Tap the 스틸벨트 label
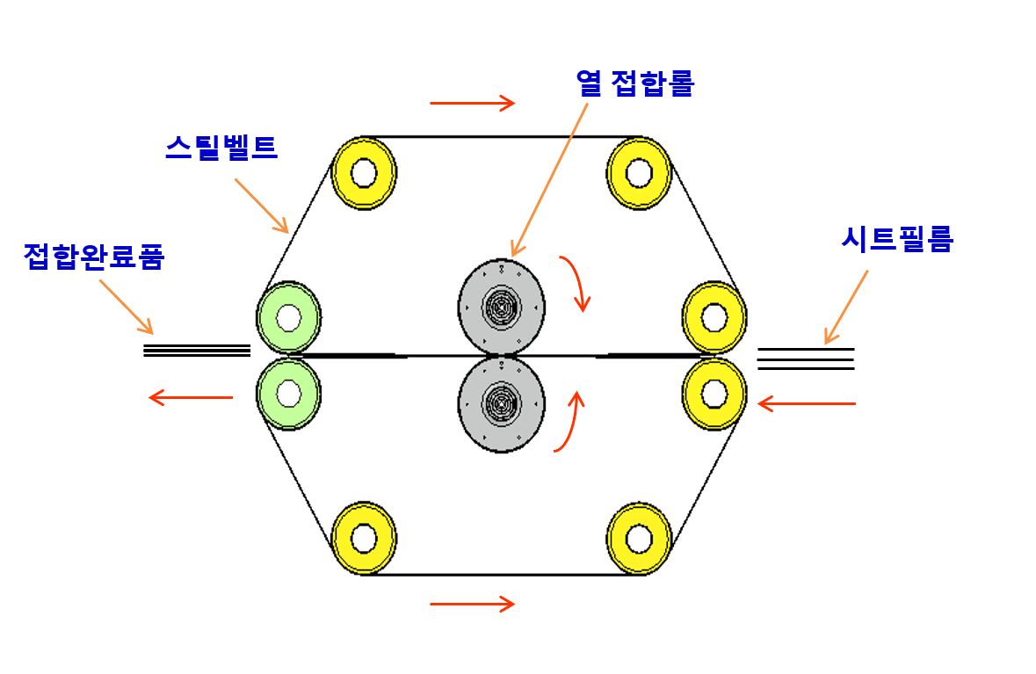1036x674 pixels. [x=221, y=147]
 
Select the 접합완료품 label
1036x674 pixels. [x=93, y=256]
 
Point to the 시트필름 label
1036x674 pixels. [x=896, y=239]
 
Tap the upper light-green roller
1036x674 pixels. [x=288, y=316]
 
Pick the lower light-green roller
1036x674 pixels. [x=288, y=393]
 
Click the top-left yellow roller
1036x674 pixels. [x=364, y=173]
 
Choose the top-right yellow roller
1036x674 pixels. [x=639, y=173]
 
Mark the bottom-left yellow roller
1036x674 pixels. [x=364, y=537]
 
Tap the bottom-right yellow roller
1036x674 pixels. [x=639, y=537]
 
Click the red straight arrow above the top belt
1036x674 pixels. [x=472, y=104]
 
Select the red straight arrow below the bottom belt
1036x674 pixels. [x=472, y=604]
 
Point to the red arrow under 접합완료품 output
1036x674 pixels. [x=191, y=398]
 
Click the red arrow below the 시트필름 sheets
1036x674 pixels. [x=806, y=403]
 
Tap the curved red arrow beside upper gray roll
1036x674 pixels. [x=575, y=281]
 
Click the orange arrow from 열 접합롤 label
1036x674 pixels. [x=549, y=180]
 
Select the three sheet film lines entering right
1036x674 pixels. [x=805, y=359]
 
